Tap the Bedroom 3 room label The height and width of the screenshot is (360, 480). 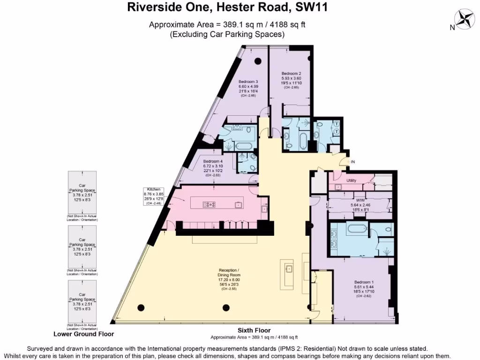pyautogui.click(x=248, y=81)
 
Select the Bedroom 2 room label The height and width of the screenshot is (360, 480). pyautogui.click(x=291, y=74)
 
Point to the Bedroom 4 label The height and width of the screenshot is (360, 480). pyautogui.click(x=212, y=162)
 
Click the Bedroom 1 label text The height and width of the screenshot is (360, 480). pyautogui.click(x=364, y=282)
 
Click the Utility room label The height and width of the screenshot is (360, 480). pyautogui.click(x=352, y=180)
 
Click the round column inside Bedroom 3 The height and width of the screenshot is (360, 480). pyautogui.click(x=257, y=61)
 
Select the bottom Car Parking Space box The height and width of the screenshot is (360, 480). pyautogui.click(x=82, y=302)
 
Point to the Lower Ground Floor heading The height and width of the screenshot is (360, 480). pyautogui.click(x=83, y=334)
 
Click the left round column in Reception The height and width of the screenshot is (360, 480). pyautogui.click(x=141, y=307)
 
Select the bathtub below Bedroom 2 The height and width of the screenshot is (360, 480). pyautogui.click(x=303, y=139)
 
